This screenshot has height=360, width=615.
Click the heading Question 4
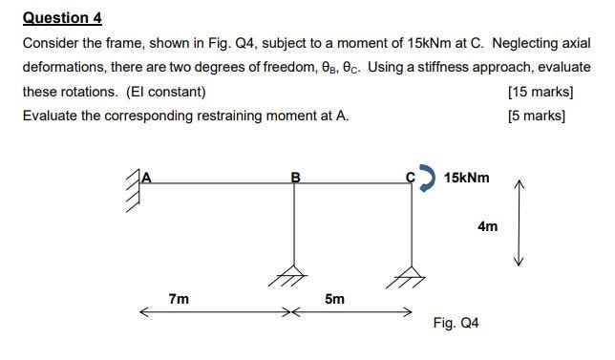62,18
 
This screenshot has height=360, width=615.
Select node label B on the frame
295,177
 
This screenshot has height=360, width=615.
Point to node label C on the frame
411,177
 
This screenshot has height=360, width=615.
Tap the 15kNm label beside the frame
467,178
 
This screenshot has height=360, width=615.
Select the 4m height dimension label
487,226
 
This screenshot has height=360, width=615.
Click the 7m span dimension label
179,299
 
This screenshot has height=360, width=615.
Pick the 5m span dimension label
334,299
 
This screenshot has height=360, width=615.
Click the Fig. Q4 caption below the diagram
456,323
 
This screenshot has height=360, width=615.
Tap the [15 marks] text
541,92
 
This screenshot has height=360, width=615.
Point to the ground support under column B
294,275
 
